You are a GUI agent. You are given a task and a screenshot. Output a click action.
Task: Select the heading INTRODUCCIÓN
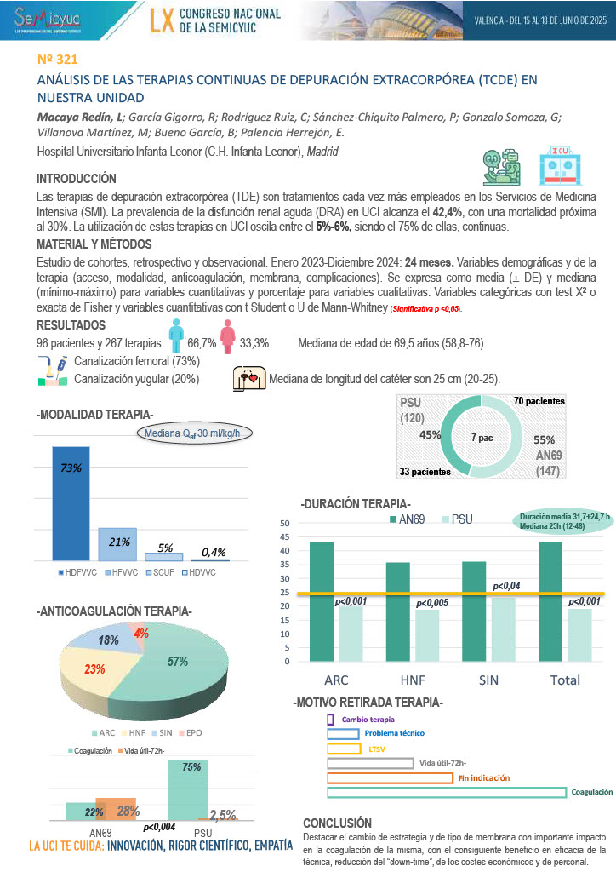[x=77, y=179]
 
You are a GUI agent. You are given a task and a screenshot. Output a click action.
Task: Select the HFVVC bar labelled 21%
[x=117, y=542]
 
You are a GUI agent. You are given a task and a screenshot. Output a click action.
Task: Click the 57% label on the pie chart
[x=178, y=661]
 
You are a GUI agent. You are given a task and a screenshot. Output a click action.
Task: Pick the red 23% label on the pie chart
[x=94, y=669]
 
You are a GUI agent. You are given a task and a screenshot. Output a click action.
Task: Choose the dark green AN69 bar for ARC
[x=322, y=601]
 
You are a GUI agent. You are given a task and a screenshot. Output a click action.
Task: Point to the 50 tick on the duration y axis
[x=285, y=524]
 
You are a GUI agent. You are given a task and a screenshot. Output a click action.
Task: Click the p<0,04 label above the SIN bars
[x=507, y=586]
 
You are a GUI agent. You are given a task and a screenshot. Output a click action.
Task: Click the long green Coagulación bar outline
[x=446, y=792]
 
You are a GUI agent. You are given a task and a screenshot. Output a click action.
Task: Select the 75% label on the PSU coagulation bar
[x=191, y=767]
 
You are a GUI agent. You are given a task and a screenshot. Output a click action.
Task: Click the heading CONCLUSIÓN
[x=338, y=823]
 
